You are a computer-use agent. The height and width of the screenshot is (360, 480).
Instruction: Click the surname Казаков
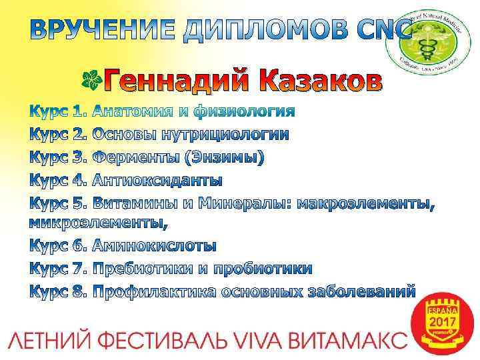point(326,81)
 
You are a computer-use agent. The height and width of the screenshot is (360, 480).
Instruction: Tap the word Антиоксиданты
point(157,181)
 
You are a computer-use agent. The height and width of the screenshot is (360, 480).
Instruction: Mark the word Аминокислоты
point(154,245)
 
